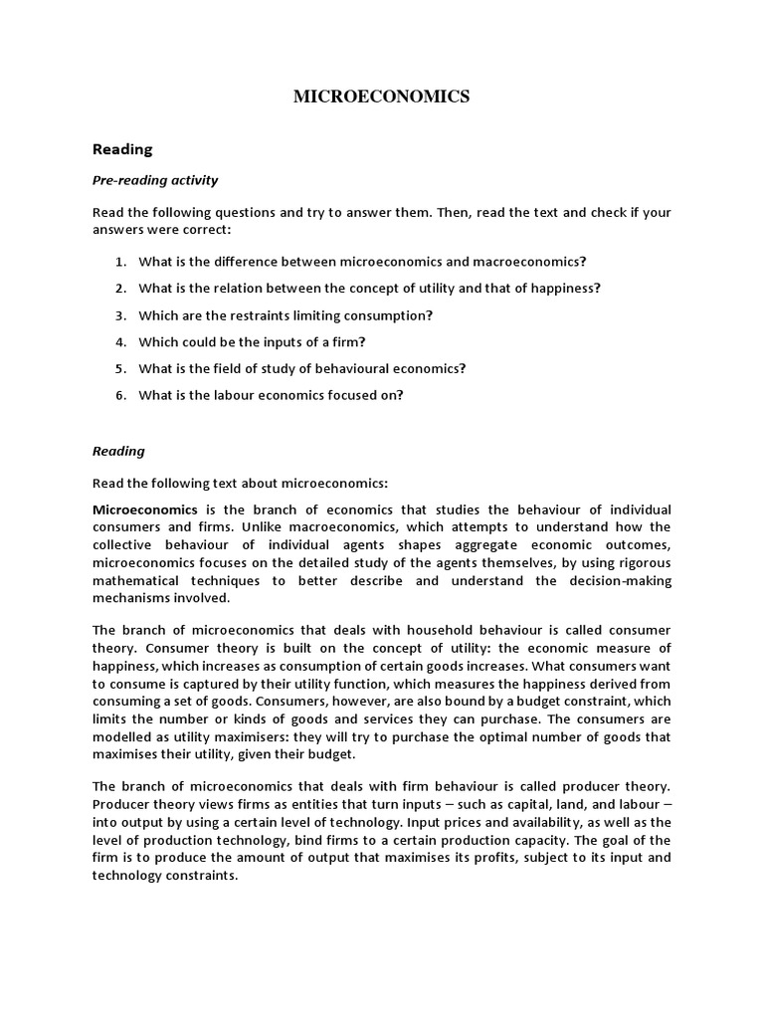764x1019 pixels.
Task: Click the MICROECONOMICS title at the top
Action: coord(381,97)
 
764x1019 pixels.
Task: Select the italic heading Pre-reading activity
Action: coord(155,180)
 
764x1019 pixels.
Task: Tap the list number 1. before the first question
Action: coord(119,261)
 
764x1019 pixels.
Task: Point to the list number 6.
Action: coord(119,395)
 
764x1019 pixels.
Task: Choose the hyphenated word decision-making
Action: coord(614,580)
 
